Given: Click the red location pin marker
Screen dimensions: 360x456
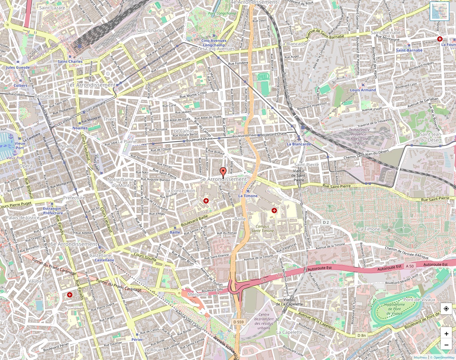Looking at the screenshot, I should [x=223, y=172].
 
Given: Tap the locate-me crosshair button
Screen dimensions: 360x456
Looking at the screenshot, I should [x=446, y=309].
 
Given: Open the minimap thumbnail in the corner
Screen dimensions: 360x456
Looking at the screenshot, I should [x=439, y=11].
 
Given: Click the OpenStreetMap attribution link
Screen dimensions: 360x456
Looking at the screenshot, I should [x=442, y=357].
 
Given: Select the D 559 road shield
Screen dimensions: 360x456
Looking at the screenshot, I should [x=238, y=322].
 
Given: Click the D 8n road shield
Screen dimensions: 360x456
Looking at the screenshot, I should [x=361, y=335].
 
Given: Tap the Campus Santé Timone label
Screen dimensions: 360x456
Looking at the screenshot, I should [x=265, y=229].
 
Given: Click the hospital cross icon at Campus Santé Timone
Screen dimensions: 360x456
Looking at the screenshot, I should [x=274, y=211].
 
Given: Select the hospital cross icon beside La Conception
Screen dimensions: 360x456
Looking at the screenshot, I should [x=206, y=201].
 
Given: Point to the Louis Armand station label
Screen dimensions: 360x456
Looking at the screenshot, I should [x=363, y=90].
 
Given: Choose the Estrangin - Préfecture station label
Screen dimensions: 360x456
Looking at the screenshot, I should [x=52, y=211].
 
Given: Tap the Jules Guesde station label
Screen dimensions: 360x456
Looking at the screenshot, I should [x=18, y=67].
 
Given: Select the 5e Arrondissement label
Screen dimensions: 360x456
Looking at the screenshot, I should [x=223, y=179].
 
